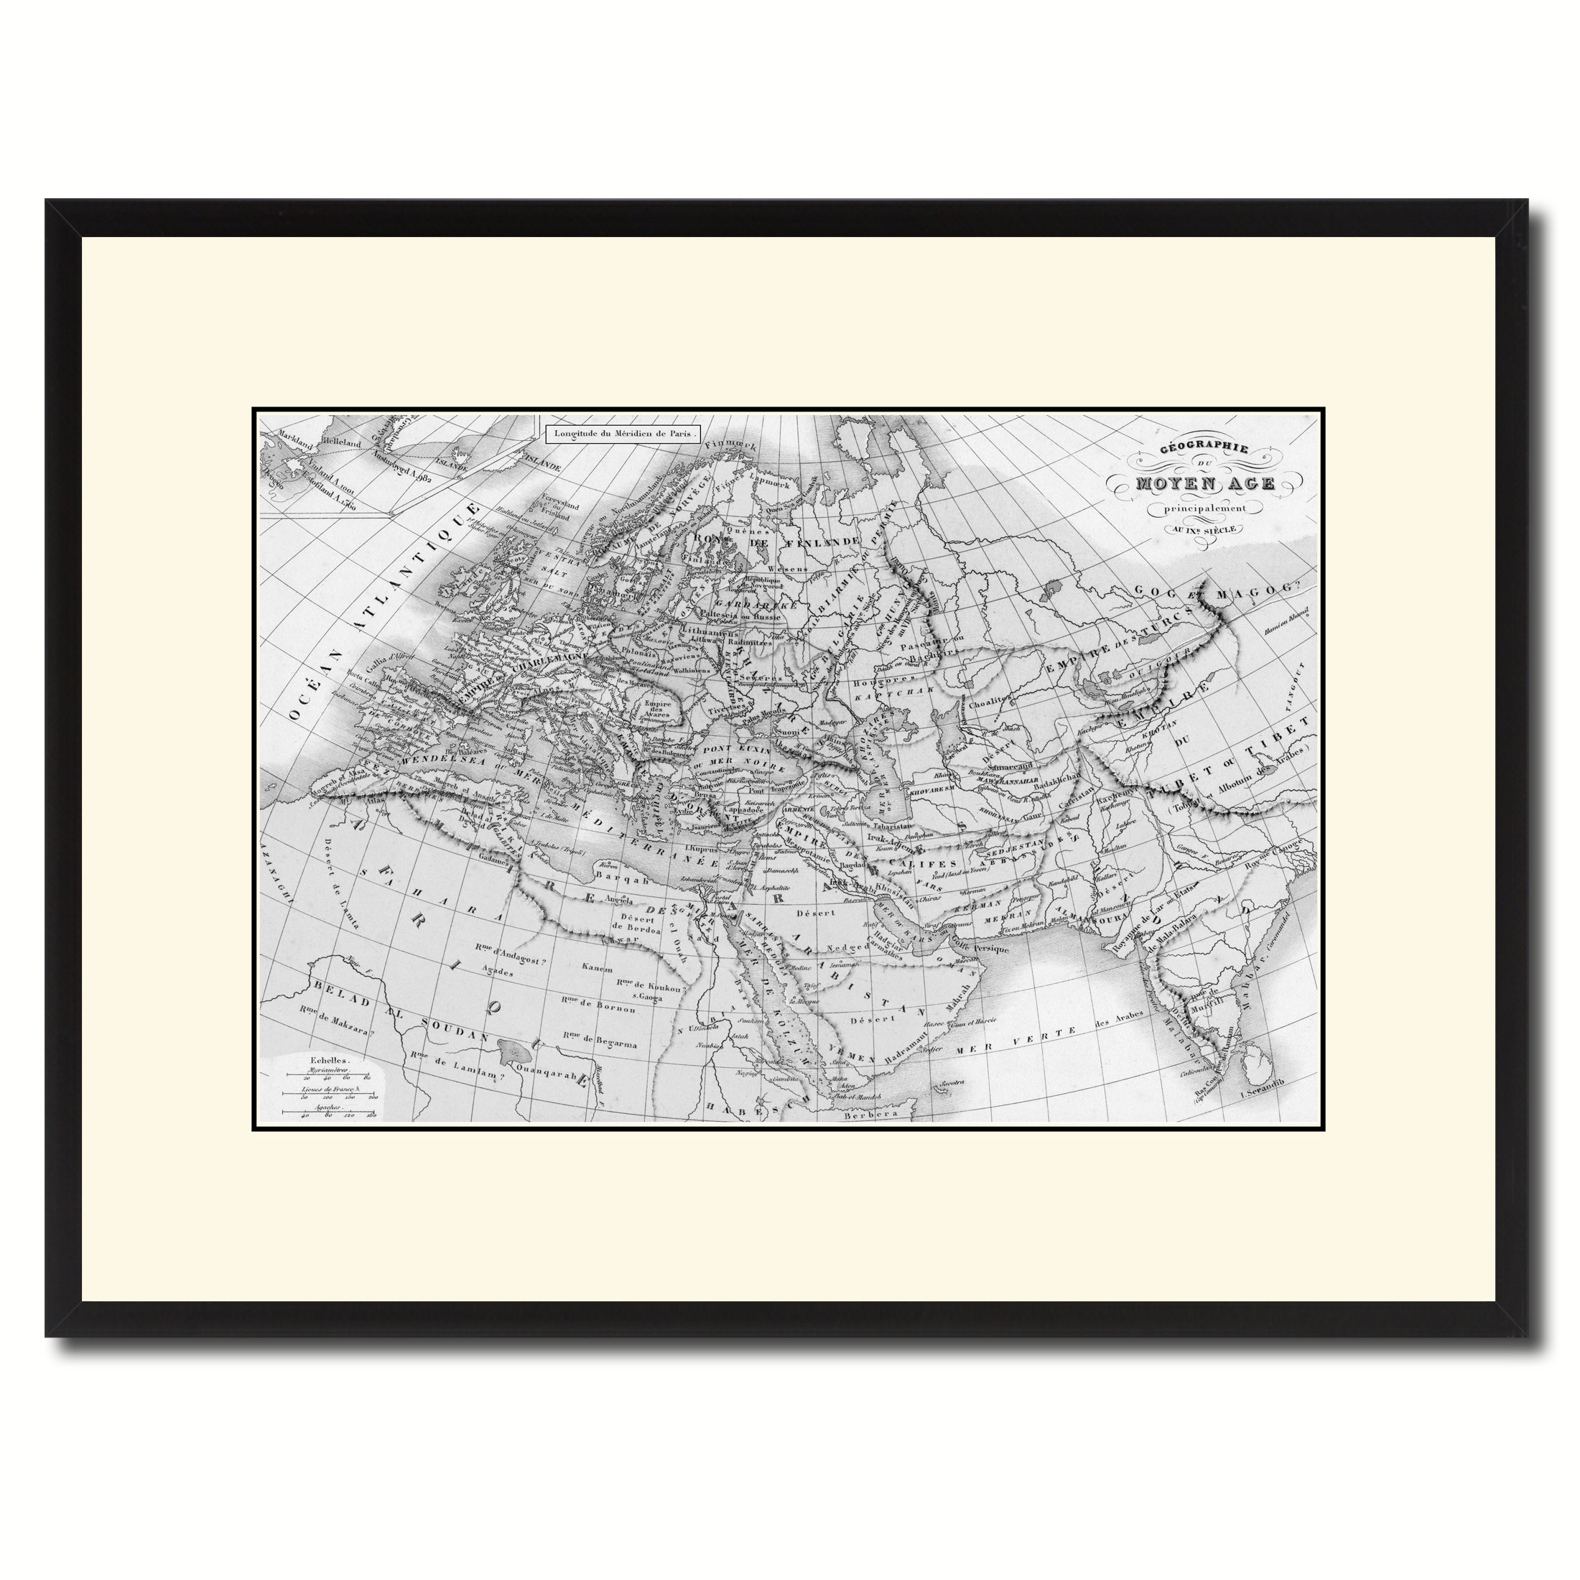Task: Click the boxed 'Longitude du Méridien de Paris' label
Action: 624,434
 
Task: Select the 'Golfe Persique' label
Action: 985,949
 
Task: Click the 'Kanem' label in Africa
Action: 596,968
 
